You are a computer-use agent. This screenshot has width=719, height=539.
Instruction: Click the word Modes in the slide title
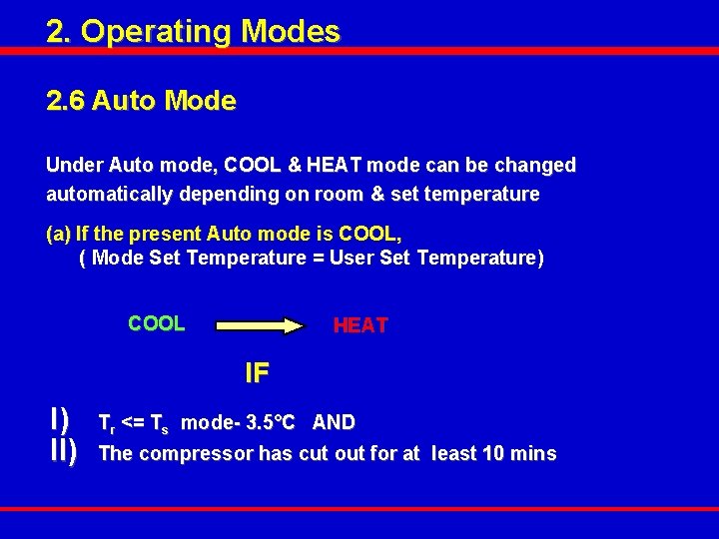tap(291, 31)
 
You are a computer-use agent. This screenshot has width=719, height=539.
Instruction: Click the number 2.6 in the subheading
tap(65, 101)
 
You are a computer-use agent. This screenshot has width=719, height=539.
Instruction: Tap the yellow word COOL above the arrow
tap(157, 323)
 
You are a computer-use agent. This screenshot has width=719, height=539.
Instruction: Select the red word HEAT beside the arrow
tap(360, 325)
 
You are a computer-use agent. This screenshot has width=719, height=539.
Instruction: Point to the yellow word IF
tap(258, 373)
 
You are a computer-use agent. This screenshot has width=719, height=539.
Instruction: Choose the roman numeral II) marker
tap(63, 453)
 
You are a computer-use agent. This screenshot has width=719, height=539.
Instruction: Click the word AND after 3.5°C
tap(334, 422)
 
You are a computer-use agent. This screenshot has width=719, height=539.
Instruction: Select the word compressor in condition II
tap(196, 454)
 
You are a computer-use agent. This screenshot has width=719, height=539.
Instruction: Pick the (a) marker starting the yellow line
tap(59, 234)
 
